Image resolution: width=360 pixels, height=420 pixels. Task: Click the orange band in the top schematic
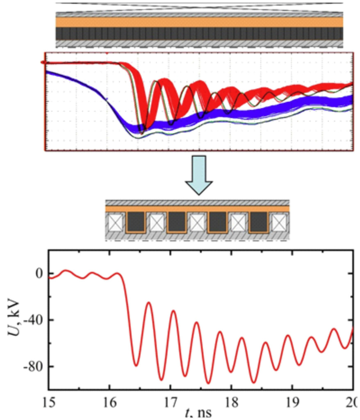tap(199, 22)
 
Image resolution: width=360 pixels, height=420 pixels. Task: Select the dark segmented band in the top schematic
tap(199, 34)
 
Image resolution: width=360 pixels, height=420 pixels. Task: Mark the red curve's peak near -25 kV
tap(149, 303)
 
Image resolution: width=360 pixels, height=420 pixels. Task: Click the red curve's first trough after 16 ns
tap(136, 365)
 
